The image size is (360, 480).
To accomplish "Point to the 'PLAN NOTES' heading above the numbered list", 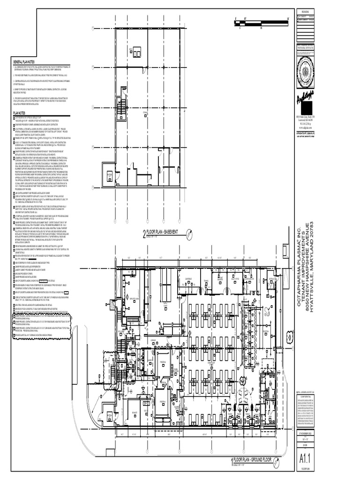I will (20, 113).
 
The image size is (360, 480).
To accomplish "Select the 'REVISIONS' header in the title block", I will (306, 11).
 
